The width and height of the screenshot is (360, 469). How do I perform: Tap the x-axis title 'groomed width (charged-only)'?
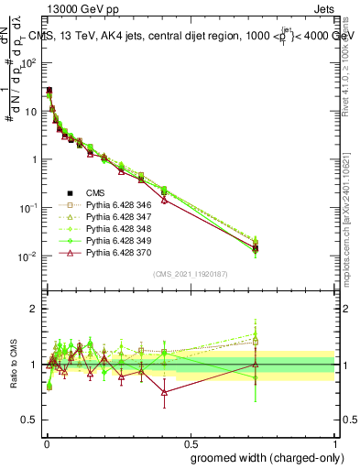click(263, 456)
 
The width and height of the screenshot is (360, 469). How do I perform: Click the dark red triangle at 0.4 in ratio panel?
click(164, 392)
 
